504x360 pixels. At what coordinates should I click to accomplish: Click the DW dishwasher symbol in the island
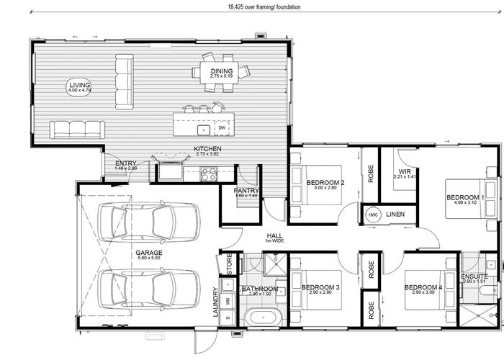[x=222, y=129]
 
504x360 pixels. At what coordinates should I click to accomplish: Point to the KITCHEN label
[x=207, y=150]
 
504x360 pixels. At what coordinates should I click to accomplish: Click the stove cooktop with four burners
[x=209, y=174]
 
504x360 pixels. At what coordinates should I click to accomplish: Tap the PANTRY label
[x=246, y=192]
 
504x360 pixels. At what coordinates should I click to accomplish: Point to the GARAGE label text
[x=148, y=253]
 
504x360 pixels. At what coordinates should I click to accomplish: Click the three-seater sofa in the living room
[x=77, y=130]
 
